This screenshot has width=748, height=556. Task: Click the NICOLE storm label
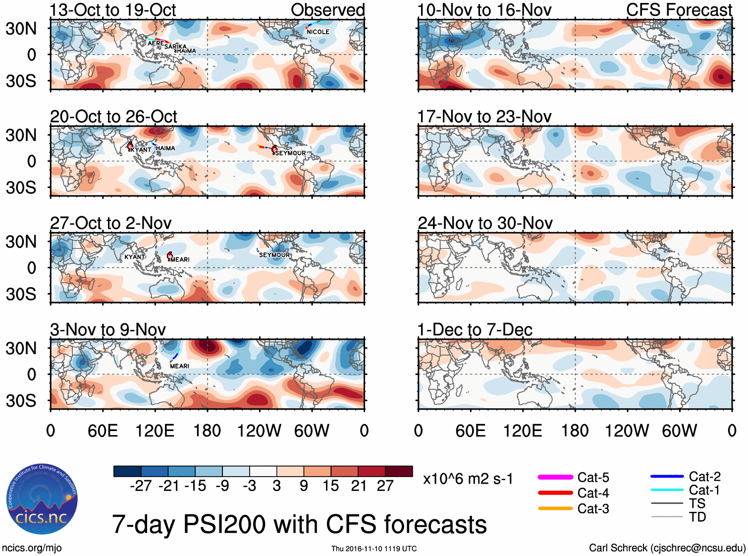[x=318, y=32]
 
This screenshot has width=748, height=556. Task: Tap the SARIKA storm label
[x=176, y=47]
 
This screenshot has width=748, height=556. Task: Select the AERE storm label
[x=156, y=44]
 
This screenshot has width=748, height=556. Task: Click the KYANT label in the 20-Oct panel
[x=141, y=149]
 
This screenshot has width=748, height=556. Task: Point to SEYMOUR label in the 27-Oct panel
[x=274, y=255]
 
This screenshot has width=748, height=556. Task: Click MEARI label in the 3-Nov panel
[x=179, y=366]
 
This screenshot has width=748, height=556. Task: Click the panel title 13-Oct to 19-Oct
[x=113, y=10]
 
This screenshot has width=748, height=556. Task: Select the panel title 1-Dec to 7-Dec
[x=475, y=330]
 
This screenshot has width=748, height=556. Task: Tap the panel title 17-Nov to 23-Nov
[x=484, y=117]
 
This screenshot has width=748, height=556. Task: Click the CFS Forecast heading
[x=679, y=10]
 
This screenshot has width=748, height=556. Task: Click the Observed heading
[x=328, y=10]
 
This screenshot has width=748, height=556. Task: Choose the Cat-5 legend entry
[x=593, y=478]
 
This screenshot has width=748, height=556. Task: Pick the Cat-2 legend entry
[x=704, y=477]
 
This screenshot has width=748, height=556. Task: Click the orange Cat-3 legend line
[x=555, y=508]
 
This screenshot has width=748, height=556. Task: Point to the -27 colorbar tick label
[x=141, y=486]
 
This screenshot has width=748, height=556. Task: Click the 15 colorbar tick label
[x=330, y=486]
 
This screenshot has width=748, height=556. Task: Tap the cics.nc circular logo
[x=42, y=499]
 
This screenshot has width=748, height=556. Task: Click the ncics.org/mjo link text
[x=32, y=548]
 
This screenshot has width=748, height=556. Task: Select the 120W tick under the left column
[x=259, y=431]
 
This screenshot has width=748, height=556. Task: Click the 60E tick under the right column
[x=470, y=431]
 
